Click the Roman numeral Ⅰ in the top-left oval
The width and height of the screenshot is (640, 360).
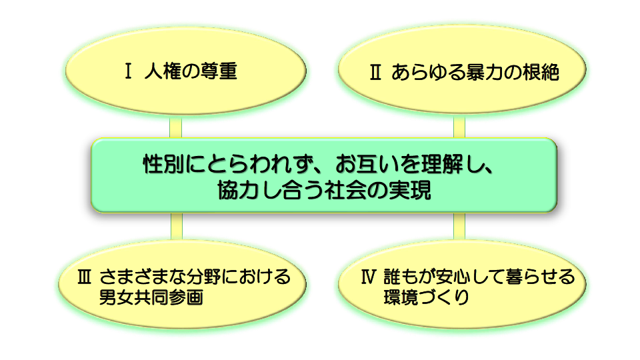pos(128,71)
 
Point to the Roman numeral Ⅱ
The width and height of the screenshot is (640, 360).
pos(375,72)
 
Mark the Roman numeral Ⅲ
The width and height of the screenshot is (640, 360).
pos(84,277)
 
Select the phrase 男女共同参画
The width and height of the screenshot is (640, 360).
pos(151,297)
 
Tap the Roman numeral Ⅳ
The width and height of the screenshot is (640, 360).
pos(368,277)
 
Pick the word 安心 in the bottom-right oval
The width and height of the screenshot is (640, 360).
pos(453,277)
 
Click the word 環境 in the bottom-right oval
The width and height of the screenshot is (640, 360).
pos(401,297)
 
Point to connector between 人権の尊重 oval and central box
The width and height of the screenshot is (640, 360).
pos(175,127)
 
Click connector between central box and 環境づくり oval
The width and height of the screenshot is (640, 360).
pos(459,226)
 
